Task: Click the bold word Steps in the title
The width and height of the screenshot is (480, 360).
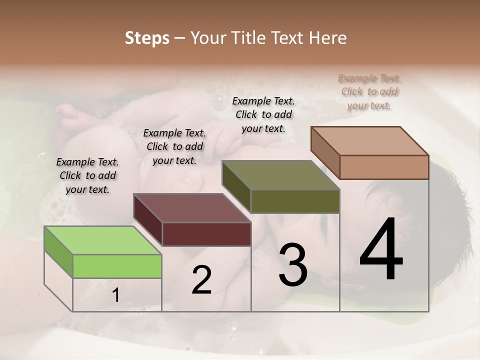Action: (x=147, y=38)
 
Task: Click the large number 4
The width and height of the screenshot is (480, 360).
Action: (x=381, y=250)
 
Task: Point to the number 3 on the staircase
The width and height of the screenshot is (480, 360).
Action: (x=293, y=265)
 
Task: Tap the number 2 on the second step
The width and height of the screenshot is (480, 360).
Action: (x=201, y=280)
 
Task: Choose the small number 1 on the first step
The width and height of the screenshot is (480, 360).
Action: (x=116, y=296)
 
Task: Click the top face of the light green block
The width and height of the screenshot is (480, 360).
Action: (x=102, y=240)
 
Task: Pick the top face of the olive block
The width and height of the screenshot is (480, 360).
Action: (x=281, y=175)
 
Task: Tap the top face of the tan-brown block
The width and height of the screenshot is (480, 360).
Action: (x=370, y=141)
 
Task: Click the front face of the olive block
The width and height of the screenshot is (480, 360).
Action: (x=295, y=201)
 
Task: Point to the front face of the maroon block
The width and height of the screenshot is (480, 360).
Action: (x=206, y=234)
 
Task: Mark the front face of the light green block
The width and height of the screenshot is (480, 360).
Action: (x=117, y=266)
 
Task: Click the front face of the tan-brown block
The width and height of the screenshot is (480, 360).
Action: (x=384, y=167)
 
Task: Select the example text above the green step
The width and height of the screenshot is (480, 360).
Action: (x=87, y=175)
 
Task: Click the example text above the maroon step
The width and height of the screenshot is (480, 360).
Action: (x=174, y=146)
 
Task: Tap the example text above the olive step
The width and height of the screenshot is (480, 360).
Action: (x=263, y=114)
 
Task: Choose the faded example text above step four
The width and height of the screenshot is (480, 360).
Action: (x=369, y=91)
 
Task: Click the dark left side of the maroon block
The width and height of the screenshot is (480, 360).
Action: (x=148, y=220)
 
